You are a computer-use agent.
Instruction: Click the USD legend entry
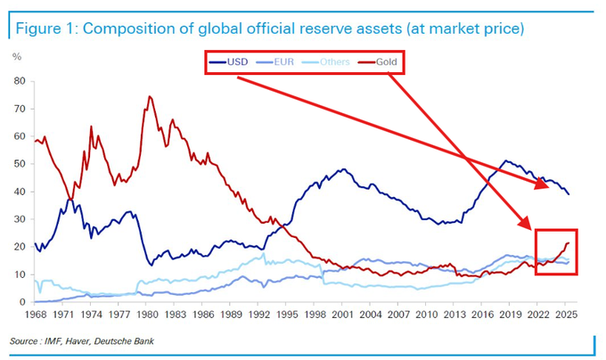(x=233, y=62)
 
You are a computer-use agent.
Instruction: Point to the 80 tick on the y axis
(x=18, y=80)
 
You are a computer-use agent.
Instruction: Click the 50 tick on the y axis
(x=18, y=164)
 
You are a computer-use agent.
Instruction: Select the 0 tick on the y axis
(x=20, y=303)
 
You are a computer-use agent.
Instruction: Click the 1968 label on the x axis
(x=36, y=315)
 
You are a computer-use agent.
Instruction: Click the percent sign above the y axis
(x=17, y=55)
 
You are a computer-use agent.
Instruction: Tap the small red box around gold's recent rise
(x=556, y=251)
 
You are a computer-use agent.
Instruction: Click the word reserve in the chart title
(x=325, y=29)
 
